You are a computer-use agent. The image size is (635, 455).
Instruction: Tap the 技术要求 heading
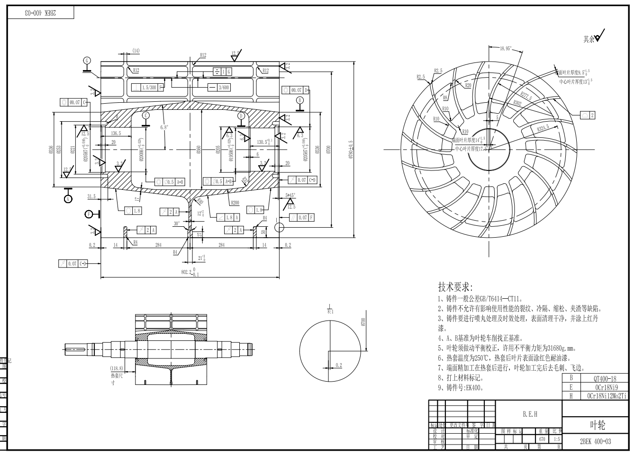[x=455, y=287]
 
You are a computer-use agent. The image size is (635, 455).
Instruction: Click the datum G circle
[x=87, y=61]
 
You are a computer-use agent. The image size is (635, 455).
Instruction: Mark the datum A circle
[x=68, y=199]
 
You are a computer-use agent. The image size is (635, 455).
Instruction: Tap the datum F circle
[x=88, y=214]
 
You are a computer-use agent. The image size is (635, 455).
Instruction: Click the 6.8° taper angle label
[x=164, y=127]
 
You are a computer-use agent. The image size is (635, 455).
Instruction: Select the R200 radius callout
[x=235, y=203]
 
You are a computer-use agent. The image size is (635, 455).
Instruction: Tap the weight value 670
[x=542, y=439]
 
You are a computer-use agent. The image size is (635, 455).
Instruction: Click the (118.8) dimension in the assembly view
[x=117, y=368]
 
